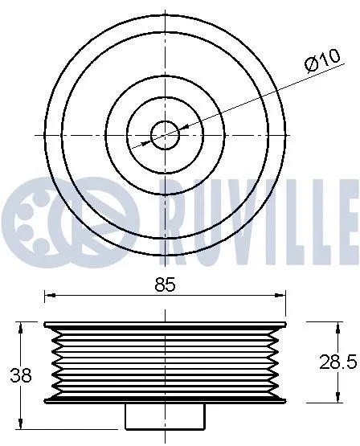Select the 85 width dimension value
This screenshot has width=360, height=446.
[x=165, y=284]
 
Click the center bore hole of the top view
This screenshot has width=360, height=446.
[x=165, y=134]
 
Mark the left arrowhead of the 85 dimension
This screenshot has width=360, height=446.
[x=48, y=296]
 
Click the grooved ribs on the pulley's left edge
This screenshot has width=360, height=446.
[x=55, y=362]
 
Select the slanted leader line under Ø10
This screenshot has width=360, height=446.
[x=241, y=101]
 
